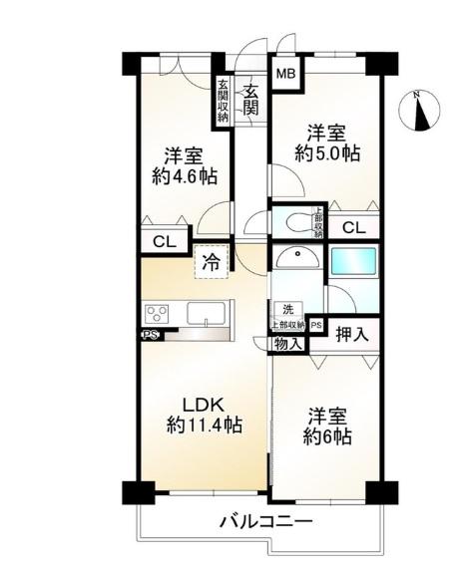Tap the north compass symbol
[419, 110]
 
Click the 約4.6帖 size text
[185, 176]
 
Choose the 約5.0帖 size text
[327, 153]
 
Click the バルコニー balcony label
[265, 523]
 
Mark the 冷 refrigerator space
[212, 262]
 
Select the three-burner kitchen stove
[158, 314]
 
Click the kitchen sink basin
[207, 314]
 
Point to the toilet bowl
[298, 221]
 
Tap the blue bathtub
[353, 262]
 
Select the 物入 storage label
[288, 343]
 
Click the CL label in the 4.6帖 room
[165, 242]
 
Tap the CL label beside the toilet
[354, 228]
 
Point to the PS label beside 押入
[316, 325]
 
